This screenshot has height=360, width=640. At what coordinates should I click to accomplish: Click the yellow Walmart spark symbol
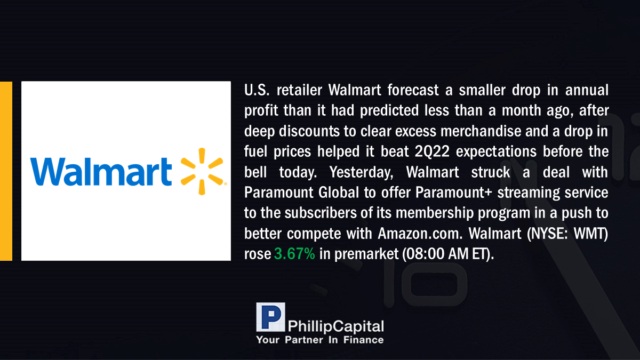click(x=202, y=171)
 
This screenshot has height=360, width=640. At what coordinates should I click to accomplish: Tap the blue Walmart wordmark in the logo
click(x=101, y=171)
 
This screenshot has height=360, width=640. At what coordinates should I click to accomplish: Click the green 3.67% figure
click(x=294, y=254)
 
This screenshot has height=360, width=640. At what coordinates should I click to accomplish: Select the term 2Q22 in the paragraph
click(x=432, y=151)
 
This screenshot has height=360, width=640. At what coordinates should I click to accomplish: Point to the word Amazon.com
click(x=420, y=234)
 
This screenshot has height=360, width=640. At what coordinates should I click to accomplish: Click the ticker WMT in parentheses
click(x=590, y=234)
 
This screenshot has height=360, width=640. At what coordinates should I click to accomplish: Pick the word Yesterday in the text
click(x=361, y=172)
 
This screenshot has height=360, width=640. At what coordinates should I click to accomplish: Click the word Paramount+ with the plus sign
click(x=454, y=193)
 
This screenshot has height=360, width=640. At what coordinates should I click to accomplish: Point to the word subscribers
click(x=321, y=213)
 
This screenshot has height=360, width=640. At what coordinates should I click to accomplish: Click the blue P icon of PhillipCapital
click(x=270, y=317)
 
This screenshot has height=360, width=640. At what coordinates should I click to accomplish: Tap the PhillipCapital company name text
click(x=335, y=326)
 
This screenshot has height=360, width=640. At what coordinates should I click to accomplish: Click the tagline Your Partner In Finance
click(x=320, y=340)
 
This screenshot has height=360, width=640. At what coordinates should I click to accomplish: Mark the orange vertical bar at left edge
click(x=6, y=171)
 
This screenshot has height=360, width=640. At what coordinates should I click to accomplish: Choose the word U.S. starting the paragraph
click(x=257, y=90)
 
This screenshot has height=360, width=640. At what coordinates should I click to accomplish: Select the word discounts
click(x=309, y=131)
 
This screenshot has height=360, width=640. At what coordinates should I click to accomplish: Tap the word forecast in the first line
click(x=413, y=90)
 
